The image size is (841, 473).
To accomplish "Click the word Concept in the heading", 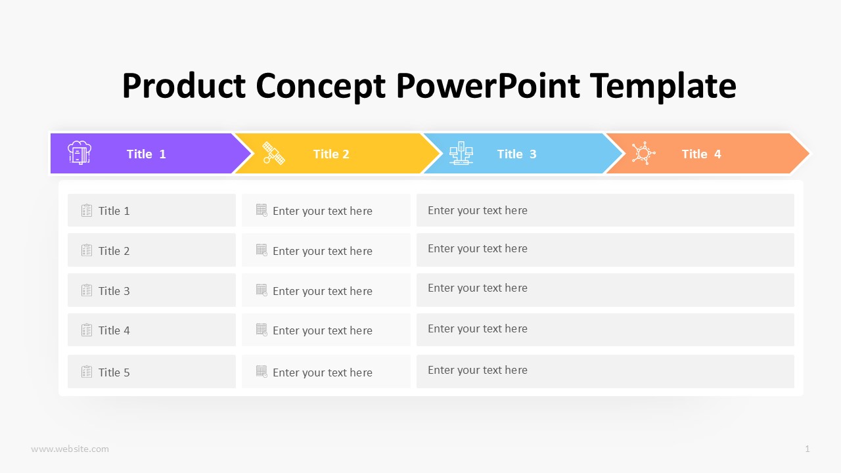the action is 321,86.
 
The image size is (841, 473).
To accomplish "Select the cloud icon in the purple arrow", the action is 80,153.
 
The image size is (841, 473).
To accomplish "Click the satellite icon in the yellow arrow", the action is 273,153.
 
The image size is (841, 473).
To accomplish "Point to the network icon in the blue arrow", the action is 461,153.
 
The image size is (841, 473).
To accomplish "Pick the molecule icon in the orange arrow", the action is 643,153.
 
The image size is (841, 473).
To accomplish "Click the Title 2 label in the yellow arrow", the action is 331,154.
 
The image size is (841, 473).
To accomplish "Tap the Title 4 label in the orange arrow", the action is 701,154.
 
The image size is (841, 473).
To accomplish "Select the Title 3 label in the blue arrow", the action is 516,154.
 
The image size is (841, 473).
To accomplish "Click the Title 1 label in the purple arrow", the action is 146,154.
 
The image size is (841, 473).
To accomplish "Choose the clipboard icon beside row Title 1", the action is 87,210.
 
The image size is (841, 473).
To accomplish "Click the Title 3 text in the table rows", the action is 114,291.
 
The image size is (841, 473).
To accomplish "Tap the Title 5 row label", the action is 114,372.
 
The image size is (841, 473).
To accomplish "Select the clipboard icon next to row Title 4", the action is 87,330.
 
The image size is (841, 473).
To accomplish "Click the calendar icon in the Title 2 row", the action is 261,250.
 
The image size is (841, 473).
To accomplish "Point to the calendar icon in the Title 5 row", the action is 261,372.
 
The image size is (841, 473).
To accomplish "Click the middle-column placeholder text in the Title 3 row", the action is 323,291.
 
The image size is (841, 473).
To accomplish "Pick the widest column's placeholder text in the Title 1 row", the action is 478,210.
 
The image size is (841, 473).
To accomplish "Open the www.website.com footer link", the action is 70,449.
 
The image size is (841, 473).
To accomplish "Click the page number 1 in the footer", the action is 807,449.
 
